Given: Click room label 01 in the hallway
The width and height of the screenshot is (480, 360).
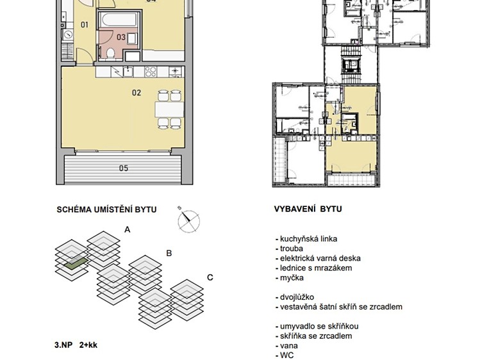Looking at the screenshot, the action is [x=85, y=25].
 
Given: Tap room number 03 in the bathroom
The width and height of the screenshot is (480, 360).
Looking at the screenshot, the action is [x=121, y=37].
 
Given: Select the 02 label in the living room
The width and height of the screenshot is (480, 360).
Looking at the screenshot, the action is [x=137, y=93].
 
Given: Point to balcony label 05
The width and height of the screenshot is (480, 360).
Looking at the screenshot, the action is [x=124, y=168].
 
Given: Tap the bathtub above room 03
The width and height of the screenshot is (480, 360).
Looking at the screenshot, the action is [x=119, y=19].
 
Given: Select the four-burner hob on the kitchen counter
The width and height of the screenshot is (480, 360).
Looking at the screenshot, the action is [x=151, y=72].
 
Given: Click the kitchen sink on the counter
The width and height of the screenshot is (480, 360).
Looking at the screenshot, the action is [x=129, y=72].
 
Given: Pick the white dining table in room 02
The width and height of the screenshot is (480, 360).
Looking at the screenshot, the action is [x=169, y=110].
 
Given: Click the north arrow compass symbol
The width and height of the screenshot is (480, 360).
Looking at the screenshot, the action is [x=188, y=220].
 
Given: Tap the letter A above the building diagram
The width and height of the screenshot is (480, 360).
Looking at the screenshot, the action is [x=128, y=229].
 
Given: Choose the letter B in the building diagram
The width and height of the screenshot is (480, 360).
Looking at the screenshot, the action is [x=169, y=253].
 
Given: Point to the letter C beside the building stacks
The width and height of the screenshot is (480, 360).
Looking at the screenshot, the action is [x=210, y=277].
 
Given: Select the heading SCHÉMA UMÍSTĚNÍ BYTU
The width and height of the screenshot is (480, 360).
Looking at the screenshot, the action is [x=106, y=209].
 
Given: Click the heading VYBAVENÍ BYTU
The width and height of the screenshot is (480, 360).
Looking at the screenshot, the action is [x=308, y=209].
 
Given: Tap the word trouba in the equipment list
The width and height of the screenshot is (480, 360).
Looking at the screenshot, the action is [x=292, y=249].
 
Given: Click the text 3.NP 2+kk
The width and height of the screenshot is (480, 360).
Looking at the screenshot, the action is [x=76, y=345].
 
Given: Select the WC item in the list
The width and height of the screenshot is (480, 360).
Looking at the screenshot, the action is [x=287, y=355].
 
